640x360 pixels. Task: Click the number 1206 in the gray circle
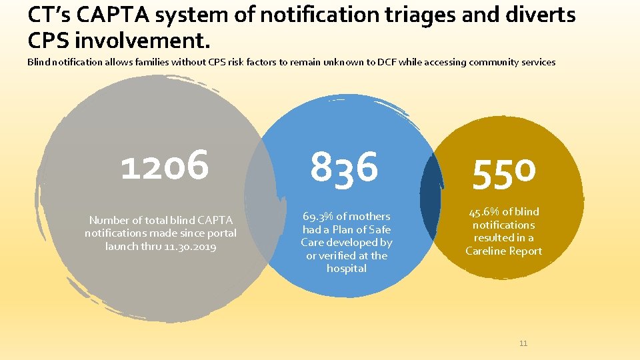click(165, 165)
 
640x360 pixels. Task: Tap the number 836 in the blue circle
click(344, 167)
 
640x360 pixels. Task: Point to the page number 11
click(523, 343)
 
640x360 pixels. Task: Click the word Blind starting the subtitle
click(39, 62)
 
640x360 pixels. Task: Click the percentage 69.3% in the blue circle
click(317, 217)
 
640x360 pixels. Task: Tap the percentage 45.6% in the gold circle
click(484, 212)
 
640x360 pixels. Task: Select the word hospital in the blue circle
click(347, 269)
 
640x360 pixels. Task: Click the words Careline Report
click(504, 251)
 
